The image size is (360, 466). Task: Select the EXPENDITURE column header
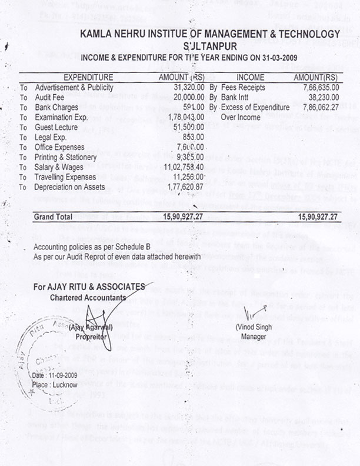click(88, 77)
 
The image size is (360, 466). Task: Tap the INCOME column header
click(250, 77)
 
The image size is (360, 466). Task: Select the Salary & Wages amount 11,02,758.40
click(179, 168)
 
